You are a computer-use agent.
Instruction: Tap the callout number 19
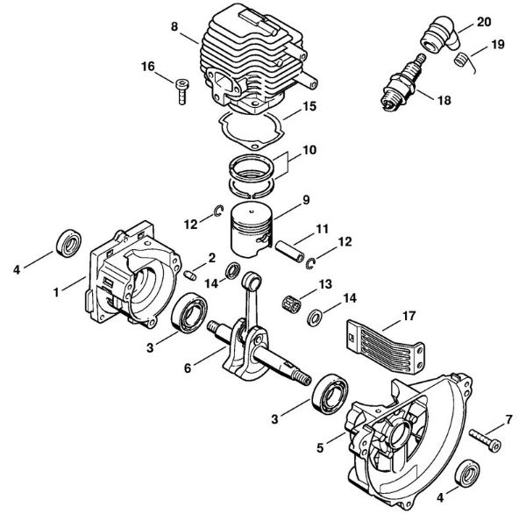coord(498,43)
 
